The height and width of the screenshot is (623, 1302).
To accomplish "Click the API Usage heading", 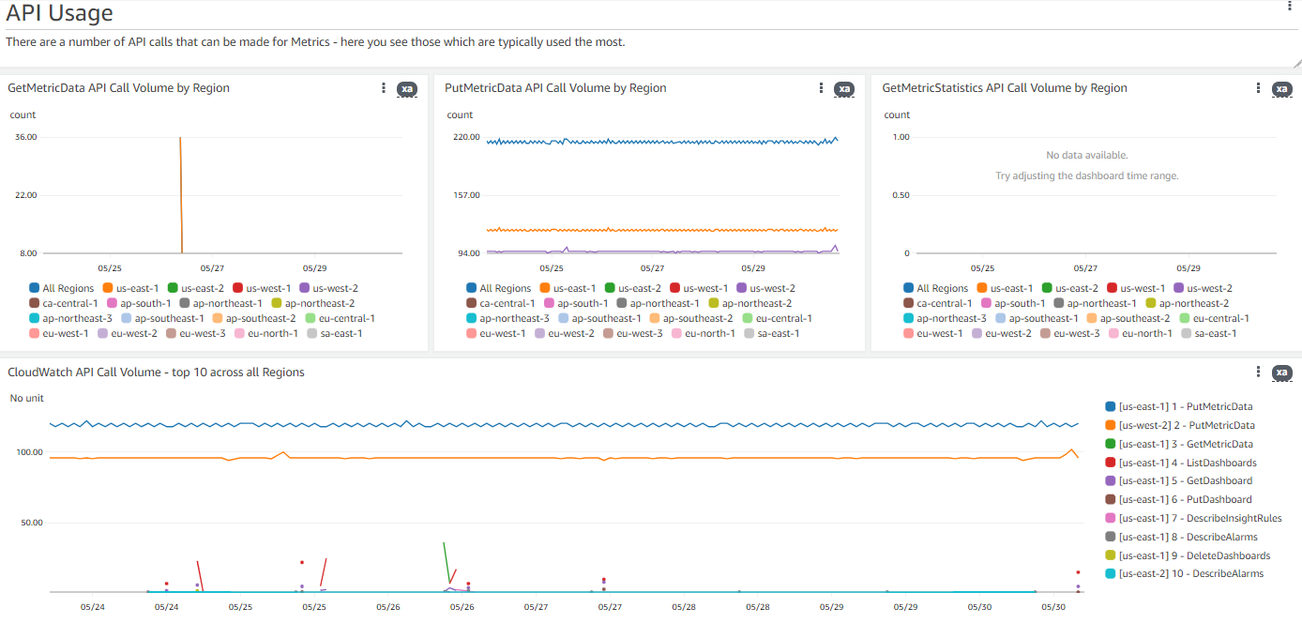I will [x=59, y=13].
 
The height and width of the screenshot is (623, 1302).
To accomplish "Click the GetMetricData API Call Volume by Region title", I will [x=118, y=88].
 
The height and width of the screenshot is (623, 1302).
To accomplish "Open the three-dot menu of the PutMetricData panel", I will [x=821, y=88].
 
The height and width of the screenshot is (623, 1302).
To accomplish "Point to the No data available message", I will [x=1086, y=155].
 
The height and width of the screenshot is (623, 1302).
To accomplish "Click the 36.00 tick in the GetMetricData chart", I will [x=25, y=137].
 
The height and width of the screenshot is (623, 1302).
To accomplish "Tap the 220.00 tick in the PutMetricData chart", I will [x=466, y=137].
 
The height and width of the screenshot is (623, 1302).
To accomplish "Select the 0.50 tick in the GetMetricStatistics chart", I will [x=900, y=195].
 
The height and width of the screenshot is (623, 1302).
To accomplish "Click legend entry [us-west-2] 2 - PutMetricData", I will [x=1186, y=425].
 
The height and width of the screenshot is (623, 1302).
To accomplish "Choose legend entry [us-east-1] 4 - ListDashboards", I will [x=1187, y=463].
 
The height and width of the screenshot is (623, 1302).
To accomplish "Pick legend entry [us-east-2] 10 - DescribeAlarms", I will [x=1190, y=573].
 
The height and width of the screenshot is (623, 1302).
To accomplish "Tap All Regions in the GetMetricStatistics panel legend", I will [x=942, y=288].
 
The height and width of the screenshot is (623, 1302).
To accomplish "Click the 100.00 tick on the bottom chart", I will [x=30, y=452].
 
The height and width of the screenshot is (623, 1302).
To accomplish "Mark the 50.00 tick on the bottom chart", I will [x=32, y=523].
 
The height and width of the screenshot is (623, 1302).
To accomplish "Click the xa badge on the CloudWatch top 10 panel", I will [x=1281, y=372].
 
